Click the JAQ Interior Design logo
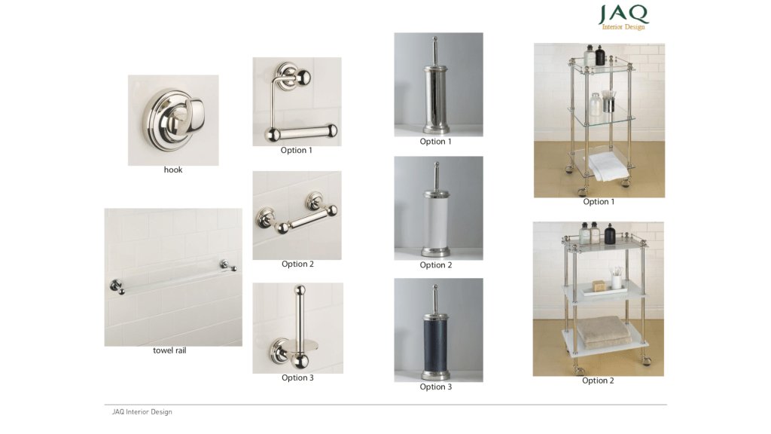click(x=623, y=17)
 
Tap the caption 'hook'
click(x=173, y=170)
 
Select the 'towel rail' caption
click(x=169, y=350)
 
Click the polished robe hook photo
click(x=173, y=120)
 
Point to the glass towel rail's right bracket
click(x=228, y=266)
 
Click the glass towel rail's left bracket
click(x=117, y=287)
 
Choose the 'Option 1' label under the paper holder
click(x=297, y=150)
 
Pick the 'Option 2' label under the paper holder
click(x=297, y=264)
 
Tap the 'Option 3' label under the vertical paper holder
click(x=297, y=377)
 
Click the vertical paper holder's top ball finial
click(x=300, y=290)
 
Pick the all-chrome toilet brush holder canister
click(x=436, y=99)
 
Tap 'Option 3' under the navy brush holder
click(x=436, y=387)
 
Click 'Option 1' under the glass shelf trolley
click(x=599, y=202)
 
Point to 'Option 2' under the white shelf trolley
click(x=598, y=381)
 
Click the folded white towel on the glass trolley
click(x=608, y=167)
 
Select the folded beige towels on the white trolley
click(x=605, y=332)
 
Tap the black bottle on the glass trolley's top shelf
click(x=600, y=55)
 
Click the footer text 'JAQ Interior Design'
click(x=142, y=412)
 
